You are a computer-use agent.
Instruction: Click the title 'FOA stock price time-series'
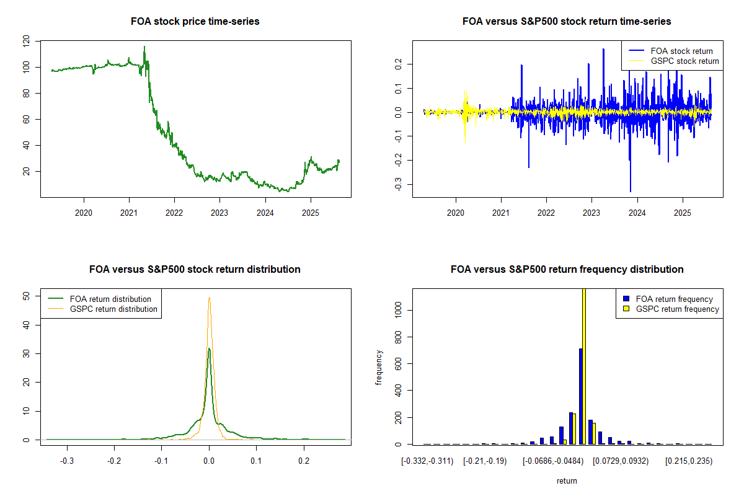(x=195, y=21)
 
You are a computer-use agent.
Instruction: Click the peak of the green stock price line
(x=144, y=46)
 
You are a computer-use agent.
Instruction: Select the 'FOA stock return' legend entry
(x=681, y=51)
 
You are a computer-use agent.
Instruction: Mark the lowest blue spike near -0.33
(x=631, y=191)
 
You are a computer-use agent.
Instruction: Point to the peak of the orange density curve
(x=210, y=297)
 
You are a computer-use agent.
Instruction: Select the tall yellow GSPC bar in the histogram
(x=584, y=366)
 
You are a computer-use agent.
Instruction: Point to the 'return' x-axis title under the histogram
(x=567, y=481)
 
